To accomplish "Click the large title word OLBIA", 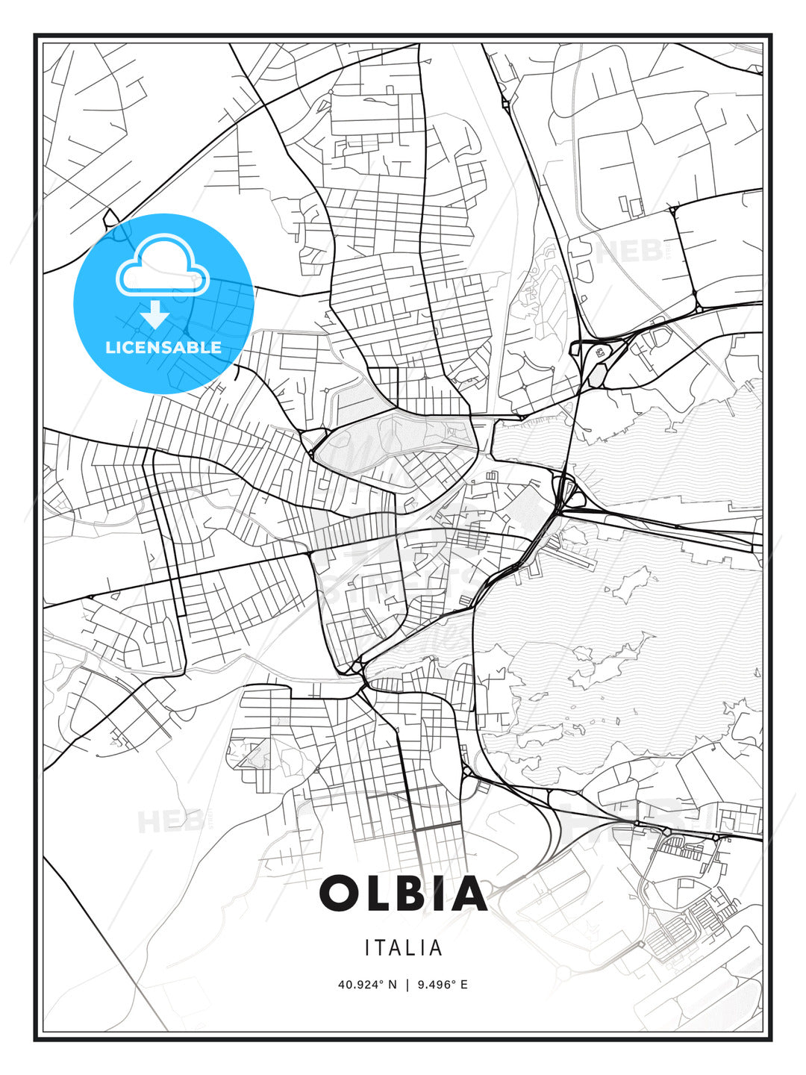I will tap(403, 894).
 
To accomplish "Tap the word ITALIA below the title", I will tap(403, 948).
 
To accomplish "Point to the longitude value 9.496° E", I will tap(443, 985).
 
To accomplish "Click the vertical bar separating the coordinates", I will tap(407, 985).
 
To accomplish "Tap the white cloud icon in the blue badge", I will tap(163, 264).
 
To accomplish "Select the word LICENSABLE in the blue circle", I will tap(163, 347).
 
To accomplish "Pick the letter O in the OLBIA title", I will tap(340, 894).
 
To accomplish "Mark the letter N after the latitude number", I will tap(393, 985).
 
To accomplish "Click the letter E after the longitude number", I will tap(463, 985).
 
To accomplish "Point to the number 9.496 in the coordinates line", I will tap(434, 985).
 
